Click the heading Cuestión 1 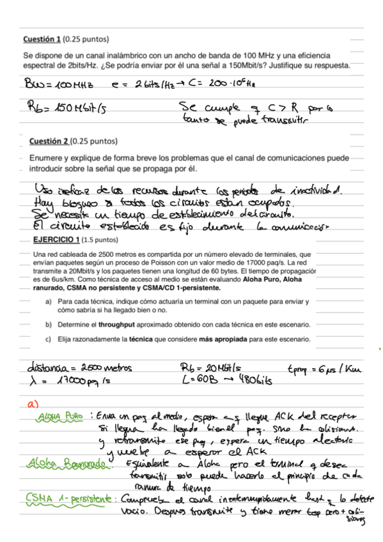42,40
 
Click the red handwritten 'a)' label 33,405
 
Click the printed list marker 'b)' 48,325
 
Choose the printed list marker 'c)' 48,339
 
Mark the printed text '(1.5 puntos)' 100,240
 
